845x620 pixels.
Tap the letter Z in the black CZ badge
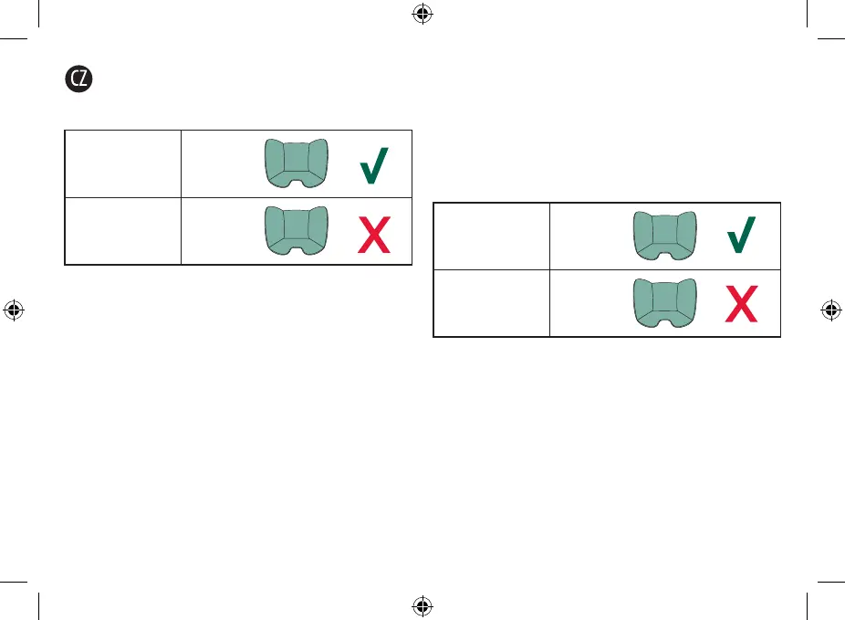[85, 79]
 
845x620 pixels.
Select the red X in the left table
[376, 232]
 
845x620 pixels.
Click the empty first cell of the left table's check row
[123, 164]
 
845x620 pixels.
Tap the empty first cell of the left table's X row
[123, 231]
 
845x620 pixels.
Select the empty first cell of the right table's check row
[492, 236]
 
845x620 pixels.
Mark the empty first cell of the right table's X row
[492, 304]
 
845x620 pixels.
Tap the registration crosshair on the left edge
[13, 310]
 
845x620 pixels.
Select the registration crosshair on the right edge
[831, 310]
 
